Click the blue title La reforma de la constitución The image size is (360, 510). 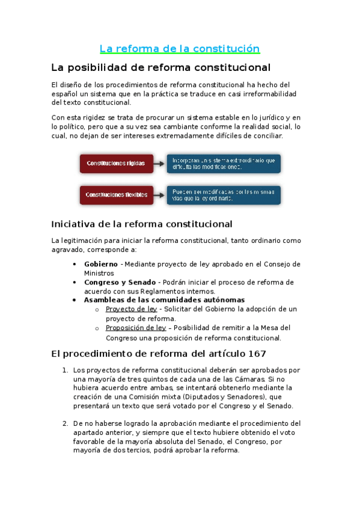pos(180,49)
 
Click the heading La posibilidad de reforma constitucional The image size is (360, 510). pos(161,67)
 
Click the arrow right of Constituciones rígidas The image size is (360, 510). pos(159,164)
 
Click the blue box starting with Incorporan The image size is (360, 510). pos(223,164)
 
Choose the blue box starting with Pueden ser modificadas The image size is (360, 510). pos(223,195)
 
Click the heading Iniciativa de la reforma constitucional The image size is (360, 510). pos(142,224)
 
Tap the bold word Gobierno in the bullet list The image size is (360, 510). pos(101,264)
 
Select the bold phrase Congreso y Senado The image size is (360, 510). pos(120,282)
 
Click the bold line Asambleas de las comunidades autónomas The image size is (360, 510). pos(164,300)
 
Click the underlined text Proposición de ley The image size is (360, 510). pos(136,328)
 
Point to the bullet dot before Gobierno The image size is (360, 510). pos(74,264)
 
